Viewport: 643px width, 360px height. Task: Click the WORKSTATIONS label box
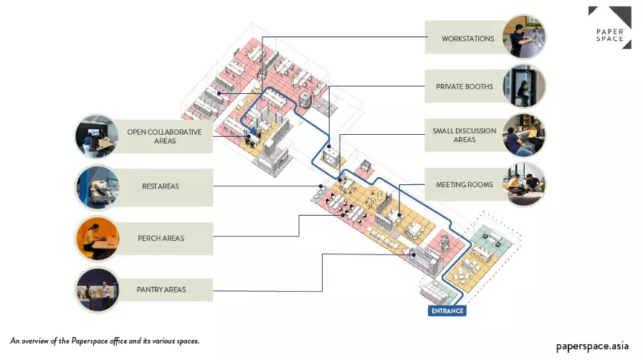[x=467, y=39]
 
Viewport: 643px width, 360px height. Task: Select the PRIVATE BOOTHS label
[x=464, y=87]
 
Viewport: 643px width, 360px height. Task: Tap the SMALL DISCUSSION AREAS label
[x=464, y=135]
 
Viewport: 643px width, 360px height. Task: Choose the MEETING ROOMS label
[x=464, y=185]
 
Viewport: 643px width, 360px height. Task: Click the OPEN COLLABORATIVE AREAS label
[x=164, y=136]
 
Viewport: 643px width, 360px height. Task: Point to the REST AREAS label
[x=161, y=187]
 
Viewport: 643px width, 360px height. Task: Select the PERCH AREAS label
[x=161, y=238]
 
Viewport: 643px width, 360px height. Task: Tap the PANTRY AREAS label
[x=161, y=290]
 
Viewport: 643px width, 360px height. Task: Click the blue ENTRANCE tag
[x=447, y=311]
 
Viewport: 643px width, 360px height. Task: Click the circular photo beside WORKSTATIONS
[x=524, y=37]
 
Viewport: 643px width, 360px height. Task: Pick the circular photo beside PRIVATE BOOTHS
[x=525, y=86]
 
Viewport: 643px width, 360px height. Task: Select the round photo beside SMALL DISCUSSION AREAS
[x=524, y=135]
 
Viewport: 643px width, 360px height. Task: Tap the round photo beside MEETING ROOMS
[x=524, y=184]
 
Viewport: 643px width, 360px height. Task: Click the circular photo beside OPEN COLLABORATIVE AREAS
[x=97, y=136]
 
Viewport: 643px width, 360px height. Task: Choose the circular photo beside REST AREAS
[x=97, y=187]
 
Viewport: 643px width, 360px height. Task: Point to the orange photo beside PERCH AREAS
[x=97, y=238]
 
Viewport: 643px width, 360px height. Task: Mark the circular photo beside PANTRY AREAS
[x=97, y=289]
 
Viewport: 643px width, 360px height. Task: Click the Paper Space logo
[x=609, y=27]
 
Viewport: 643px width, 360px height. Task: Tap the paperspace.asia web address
[x=592, y=346]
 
